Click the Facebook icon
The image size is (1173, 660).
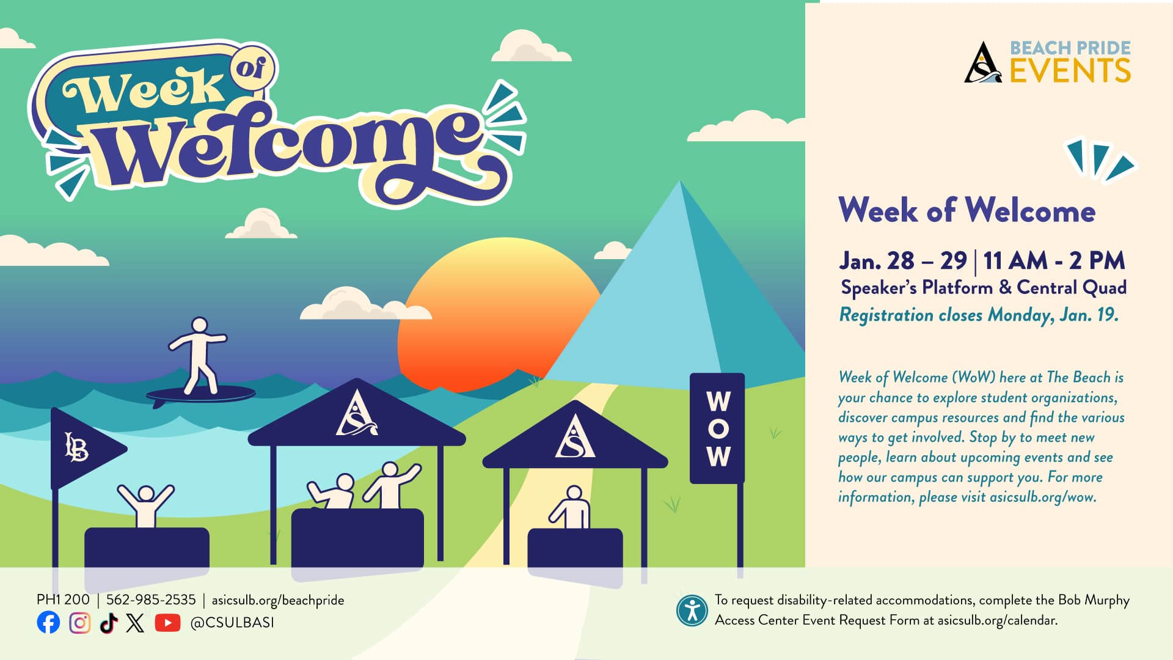(48, 622)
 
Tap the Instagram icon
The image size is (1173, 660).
(79, 622)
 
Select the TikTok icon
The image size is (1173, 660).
(108, 622)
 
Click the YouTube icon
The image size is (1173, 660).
(167, 622)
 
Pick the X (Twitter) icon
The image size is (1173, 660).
(136, 622)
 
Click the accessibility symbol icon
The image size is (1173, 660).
(692, 610)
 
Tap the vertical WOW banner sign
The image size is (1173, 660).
(717, 428)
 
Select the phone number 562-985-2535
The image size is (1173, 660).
(151, 600)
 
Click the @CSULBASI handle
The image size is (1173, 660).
(232, 622)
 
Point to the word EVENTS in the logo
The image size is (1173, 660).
(1070, 70)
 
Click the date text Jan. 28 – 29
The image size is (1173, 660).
(902, 261)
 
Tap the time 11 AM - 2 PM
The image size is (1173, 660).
(1054, 261)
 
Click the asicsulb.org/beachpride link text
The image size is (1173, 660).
(278, 600)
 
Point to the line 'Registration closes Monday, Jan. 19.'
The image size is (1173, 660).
(979, 315)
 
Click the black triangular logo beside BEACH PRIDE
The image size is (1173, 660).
(982, 63)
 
